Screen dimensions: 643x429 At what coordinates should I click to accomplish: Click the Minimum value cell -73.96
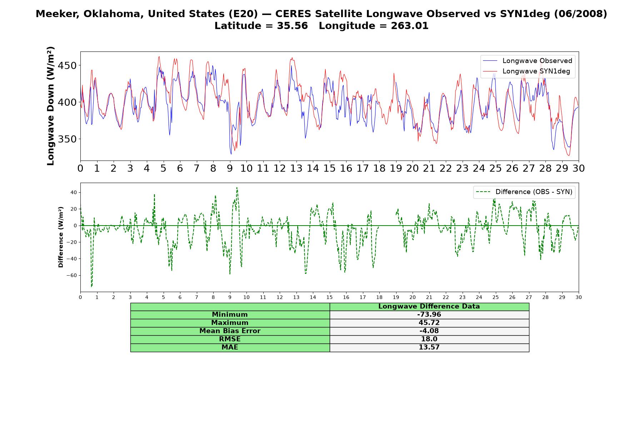[429, 315]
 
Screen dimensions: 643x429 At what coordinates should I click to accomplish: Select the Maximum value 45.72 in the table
[429, 323]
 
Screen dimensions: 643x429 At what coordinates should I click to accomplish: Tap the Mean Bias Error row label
[230, 331]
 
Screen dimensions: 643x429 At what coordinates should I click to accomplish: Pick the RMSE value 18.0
[429, 339]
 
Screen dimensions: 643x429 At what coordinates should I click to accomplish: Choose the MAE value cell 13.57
[429, 347]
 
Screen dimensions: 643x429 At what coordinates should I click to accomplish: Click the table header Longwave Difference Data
[429, 306]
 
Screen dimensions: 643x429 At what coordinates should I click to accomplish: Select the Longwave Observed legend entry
[528, 61]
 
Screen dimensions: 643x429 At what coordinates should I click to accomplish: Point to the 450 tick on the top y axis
[67, 66]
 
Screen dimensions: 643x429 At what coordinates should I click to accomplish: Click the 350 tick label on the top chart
[67, 139]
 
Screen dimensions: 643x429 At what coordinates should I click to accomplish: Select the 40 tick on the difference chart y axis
[74, 192]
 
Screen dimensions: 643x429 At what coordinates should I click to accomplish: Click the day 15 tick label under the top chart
[329, 168]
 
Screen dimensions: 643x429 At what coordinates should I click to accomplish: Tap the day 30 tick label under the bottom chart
[579, 297]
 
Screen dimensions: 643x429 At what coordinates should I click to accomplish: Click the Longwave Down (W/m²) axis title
[50, 106]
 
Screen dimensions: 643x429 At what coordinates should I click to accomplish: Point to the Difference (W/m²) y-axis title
[61, 237]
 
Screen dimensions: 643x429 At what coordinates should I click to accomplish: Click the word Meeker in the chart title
[59, 14]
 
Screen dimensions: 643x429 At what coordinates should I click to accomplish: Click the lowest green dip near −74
[91, 286]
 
